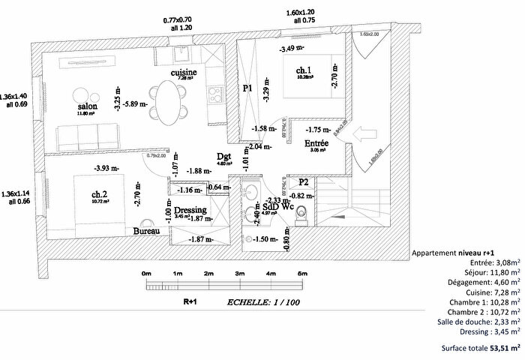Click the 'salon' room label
click(x=87, y=107)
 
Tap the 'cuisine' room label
click(x=184, y=72)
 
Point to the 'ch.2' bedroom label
click(x=100, y=193)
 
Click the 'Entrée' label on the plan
click(x=316, y=142)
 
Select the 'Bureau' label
click(x=147, y=232)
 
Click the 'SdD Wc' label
click(x=277, y=208)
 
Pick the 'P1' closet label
click(x=248, y=88)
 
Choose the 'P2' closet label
click(x=303, y=182)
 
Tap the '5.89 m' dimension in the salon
click(x=136, y=103)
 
